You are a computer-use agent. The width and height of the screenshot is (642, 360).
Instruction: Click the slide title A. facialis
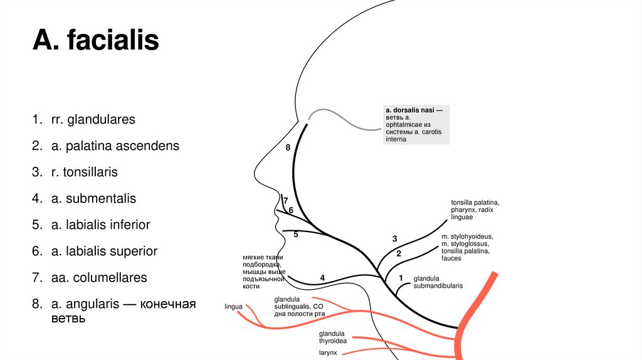tap(96, 42)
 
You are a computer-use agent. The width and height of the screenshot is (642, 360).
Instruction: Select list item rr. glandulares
tap(93, 119)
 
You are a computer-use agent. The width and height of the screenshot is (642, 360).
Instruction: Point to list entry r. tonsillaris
tap(84, 172)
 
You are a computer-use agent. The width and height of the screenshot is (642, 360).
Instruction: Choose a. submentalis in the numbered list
tap(93, 198)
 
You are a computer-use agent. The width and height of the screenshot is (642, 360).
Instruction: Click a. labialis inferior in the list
tap(100, 225)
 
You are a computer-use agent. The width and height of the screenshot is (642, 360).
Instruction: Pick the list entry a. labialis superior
tap(104, 251)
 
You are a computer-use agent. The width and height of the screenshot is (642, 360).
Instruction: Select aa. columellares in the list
tap(98, 277)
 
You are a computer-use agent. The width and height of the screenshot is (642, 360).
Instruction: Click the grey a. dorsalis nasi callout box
tap(416, 124)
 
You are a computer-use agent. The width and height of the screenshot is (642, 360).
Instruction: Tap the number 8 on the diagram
tap(288, 148)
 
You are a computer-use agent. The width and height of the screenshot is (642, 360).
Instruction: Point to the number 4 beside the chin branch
tap(322, 277)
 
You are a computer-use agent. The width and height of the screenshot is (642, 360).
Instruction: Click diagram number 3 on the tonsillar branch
tap(395, 239)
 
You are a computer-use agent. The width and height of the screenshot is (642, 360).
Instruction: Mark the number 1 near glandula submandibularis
tap(401, 277)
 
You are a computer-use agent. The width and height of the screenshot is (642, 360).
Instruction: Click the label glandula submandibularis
tap(438, 282)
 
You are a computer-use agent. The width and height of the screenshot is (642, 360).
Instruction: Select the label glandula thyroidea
tap(333, 337)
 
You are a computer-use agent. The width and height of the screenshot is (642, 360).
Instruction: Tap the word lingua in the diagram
tap(233, 307)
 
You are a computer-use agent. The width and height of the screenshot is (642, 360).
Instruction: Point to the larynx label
tap(327, 353)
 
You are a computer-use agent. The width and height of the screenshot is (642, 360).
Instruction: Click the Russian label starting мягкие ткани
tap(263, 271)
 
